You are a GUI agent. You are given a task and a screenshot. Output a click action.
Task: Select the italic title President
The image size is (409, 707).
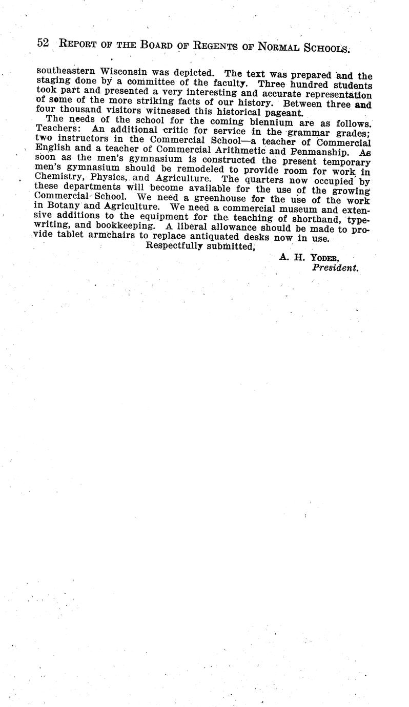point(335,267)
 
